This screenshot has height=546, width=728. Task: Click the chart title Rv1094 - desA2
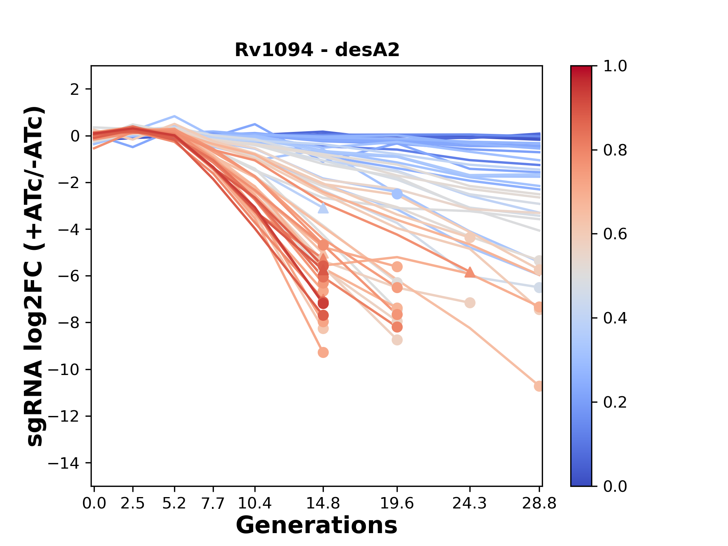point(317,50)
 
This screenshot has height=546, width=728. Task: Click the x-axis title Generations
point(317,526)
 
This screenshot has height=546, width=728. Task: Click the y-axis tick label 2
point(75,89)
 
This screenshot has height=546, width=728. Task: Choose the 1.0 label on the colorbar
point(615,66)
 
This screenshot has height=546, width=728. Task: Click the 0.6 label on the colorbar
point(615,234)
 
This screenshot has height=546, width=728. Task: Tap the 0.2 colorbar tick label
point(615,402)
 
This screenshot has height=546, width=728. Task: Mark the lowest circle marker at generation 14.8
point(323,353)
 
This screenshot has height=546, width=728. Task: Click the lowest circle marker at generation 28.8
point(538,386)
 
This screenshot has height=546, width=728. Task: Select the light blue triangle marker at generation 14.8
point(323,208)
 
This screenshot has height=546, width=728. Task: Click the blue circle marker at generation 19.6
point(397,194)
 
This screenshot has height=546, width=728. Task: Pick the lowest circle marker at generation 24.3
point(470,303)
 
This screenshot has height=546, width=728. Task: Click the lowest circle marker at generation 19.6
point(397,340)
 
